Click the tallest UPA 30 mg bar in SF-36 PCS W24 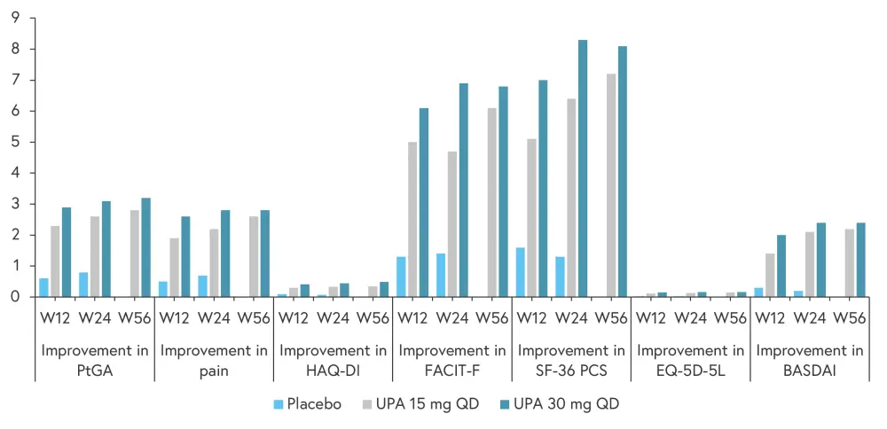click(x=583, y=168)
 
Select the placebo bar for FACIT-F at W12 click(x=402, y=277)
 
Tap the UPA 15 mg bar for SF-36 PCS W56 click(x=611, y=185)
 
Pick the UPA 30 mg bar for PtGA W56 click(x=146, y=247)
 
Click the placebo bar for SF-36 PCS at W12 click(x=520, y=272)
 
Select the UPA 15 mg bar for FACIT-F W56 click(x=492, y=202)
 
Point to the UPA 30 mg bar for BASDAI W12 click(x=780, y=266)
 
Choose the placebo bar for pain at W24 click(x=203, y=286)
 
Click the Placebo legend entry click(x=308, y=404)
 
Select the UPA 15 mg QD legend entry click(x=423, y=404)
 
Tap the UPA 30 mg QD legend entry click(x=558, y=404)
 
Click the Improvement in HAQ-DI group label click(x=333, y=360)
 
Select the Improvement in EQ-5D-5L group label click(x=690, y=360)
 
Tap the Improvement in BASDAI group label click(x=808, y=360)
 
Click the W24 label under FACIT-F click(x=452, y=317)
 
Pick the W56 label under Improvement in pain click(x=253, y=317)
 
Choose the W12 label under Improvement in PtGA click(x=56, y=317)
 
